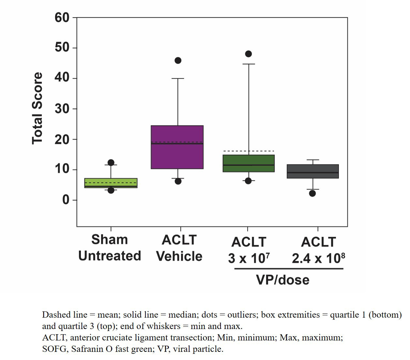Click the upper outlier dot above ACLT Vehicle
point(178,60)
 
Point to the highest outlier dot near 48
point(249,54)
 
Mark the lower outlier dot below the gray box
point(312,193)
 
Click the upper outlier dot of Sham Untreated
point(111,162)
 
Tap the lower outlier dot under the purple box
point(178,181)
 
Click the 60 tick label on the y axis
point(62,18)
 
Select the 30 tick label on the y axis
point(62,109)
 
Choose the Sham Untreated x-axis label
point(110,248)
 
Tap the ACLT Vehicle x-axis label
point(179,248)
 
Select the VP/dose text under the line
point(282,280)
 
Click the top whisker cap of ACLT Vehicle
point(178,79)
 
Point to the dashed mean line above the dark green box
point(249,151)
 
